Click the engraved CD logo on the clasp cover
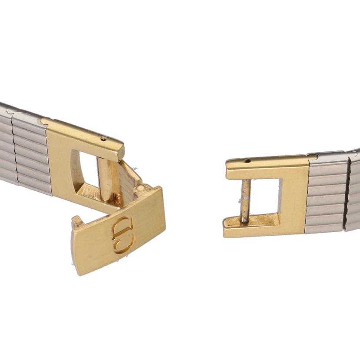click(x=123, y=235)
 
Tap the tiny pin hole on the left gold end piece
click(x=104, y=138)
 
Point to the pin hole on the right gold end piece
click(x=247, y=161)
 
